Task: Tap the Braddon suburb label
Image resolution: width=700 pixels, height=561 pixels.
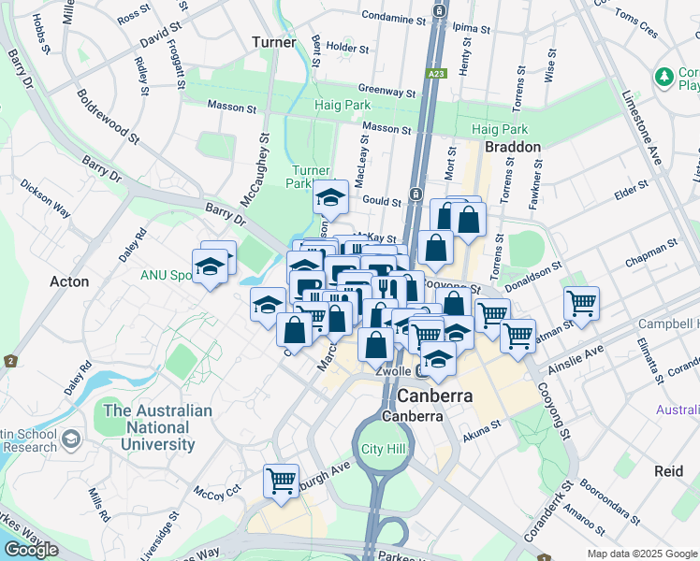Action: pyautogui.click(x=512, y=147)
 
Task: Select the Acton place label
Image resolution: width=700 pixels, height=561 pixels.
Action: pyautogui.click(x=69, y=281)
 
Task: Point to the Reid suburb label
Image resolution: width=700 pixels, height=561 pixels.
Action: pyautogui.click(x=669, y=471)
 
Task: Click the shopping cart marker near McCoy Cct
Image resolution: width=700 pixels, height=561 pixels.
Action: pyautogui.click(x=281, y=482)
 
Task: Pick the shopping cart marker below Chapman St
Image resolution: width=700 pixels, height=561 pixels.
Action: pyautogui.click(x=581, y=303)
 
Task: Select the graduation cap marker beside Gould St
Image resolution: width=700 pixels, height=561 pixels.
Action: pyautogui.click(x=330, y=197)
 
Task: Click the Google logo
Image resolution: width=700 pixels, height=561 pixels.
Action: pyautogui.click(x=31, y=550)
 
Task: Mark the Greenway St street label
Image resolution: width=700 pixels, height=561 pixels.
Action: pyautogui.click(x=386, y=93)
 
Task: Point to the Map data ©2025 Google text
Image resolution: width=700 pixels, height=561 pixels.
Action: pyautogui.click(x=642, y=554)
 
